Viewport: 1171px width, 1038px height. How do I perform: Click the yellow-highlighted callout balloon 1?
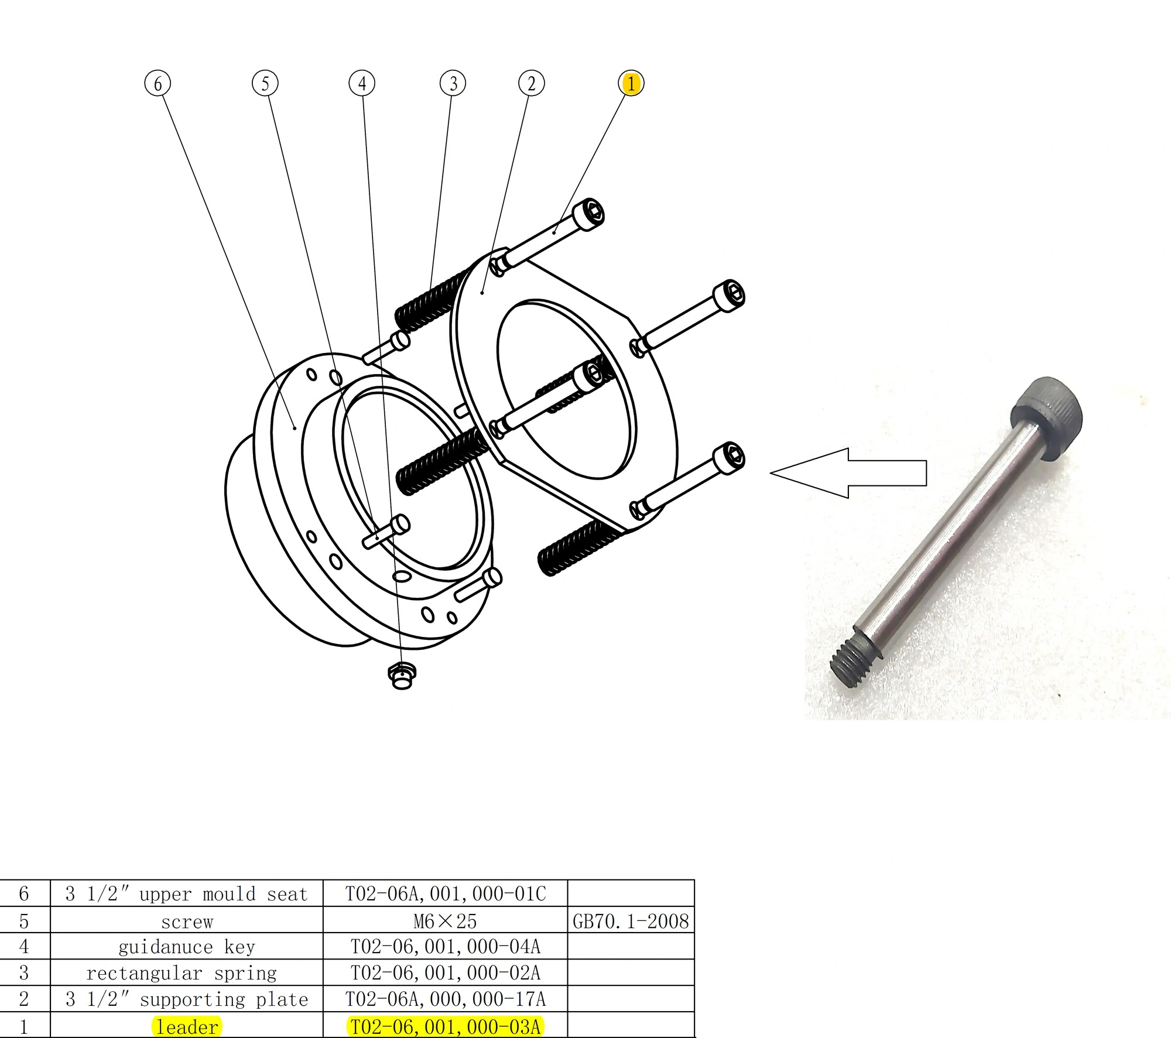coord(631,83)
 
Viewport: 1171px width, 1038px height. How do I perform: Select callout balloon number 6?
coord(157,83)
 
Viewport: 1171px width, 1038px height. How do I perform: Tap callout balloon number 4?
coord(362,83)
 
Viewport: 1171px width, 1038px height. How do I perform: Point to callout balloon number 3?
coord(453,83)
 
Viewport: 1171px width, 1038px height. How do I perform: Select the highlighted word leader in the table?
coord(187,1026)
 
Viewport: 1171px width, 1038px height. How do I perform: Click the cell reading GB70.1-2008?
coord(631,921)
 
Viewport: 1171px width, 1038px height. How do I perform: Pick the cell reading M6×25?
coord(445,921)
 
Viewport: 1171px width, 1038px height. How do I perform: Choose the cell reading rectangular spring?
coord(182,973)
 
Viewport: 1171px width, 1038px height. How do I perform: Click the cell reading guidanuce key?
coord(187,947)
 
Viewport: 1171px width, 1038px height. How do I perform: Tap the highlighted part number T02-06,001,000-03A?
coord(445,1026)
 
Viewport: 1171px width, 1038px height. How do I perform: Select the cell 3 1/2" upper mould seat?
coord(187,894)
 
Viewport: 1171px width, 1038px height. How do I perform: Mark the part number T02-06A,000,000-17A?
coord(445,999)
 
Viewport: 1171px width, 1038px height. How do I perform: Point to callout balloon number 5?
coord(265,83)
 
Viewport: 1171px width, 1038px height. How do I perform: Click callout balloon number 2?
coord(531,83)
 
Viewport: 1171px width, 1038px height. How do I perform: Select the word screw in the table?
coord(187,922)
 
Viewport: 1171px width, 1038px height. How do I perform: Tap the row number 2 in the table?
coord(24,999)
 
